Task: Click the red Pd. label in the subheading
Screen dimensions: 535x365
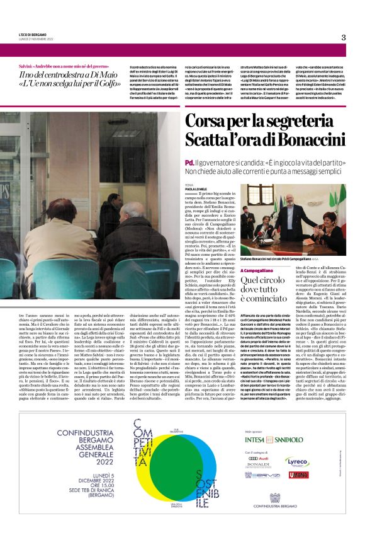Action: click(189, 162)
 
